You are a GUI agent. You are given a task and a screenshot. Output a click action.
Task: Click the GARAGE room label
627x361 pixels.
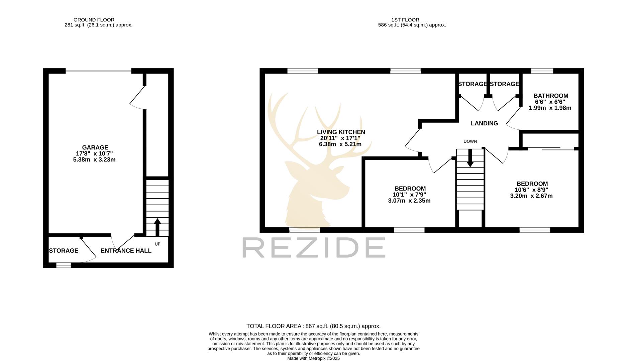click(95, 147)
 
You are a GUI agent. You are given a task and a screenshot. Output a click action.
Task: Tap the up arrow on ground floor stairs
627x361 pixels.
click(157, 227)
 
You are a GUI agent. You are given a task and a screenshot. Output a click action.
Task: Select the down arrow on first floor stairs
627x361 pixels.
click(470, 158)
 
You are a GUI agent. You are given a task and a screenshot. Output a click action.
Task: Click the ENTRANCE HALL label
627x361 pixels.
click(126, 251)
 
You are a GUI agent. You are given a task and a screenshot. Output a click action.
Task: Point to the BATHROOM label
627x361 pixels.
click(551, 96)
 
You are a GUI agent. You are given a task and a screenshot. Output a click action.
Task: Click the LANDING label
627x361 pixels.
click(484, 123)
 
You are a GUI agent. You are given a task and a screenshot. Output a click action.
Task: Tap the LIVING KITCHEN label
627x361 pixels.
click(341, 132)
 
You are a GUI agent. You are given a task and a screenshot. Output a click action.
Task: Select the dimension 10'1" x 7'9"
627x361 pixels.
click(409, 195)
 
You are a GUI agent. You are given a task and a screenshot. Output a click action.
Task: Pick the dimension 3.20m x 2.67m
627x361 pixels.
click(531, 196)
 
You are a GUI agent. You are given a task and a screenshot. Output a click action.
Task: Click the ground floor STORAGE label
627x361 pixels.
click(64, 251)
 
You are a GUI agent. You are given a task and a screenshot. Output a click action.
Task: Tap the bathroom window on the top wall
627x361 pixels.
click(542, 71)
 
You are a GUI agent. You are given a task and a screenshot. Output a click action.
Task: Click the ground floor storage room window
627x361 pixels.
click(64, 265)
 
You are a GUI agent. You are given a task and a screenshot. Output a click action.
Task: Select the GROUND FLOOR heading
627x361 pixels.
click(94, 20)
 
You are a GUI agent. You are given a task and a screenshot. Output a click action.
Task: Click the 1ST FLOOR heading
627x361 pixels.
click(405, 20)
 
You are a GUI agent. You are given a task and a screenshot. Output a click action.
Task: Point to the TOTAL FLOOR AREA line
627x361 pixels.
click(313, 326)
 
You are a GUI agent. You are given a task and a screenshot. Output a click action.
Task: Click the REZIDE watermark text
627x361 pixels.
click(314, 247)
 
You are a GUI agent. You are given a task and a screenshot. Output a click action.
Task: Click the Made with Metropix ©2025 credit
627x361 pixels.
click(313, 358)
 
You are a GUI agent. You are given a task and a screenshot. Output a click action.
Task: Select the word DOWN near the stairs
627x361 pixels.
click(470, 141)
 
